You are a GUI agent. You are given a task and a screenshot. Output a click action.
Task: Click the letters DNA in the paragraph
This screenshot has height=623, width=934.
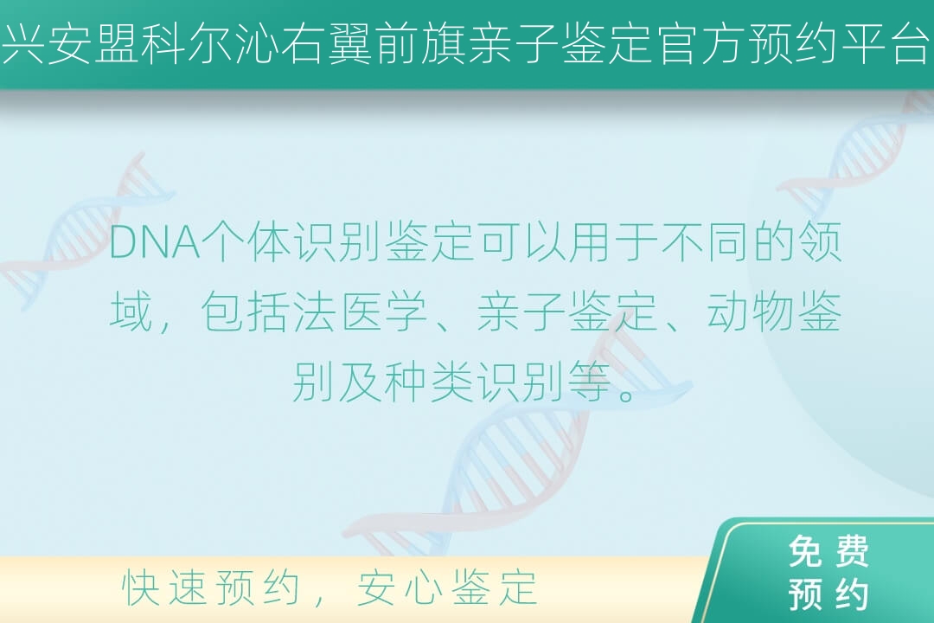(x=155, y=243)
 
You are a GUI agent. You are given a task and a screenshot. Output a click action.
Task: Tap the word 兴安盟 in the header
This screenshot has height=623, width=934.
(x=71, y=45)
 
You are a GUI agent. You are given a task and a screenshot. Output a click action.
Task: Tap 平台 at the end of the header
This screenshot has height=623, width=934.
(x=887, y=45)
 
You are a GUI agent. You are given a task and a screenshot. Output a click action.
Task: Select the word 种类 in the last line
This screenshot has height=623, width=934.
(x=430, y=382)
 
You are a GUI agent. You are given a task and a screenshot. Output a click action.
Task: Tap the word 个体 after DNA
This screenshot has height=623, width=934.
(x=246, y=243)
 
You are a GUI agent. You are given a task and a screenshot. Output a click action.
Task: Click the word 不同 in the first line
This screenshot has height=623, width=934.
(x=706, y=243)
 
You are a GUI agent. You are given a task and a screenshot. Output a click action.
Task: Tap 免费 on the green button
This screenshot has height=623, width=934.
(x=828, y=551)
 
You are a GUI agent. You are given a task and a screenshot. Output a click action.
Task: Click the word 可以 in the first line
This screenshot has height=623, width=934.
(x=521, y=243)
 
